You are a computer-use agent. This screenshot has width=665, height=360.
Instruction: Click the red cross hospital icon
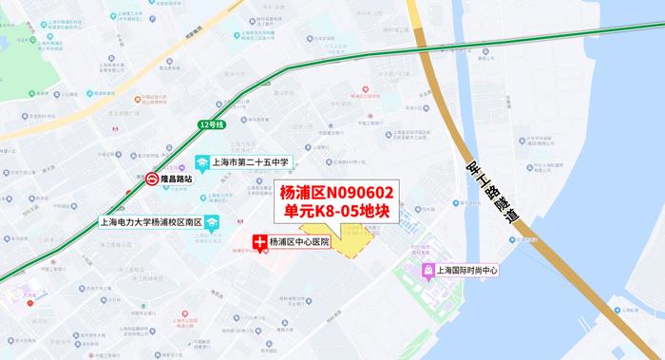[257, 242]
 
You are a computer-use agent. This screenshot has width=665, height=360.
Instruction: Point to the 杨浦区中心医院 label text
[299, 242]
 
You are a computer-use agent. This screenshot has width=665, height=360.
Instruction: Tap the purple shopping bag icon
[428, 270]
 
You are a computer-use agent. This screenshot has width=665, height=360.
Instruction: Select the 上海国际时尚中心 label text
[467, 270]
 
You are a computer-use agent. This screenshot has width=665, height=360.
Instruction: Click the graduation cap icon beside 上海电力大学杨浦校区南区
[210, 222]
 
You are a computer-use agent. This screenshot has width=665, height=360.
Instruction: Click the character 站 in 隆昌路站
[188, 178]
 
